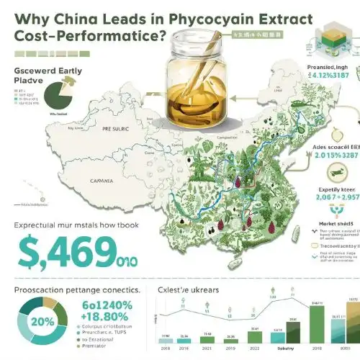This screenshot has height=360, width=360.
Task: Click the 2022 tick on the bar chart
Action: [x=255, y=347]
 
